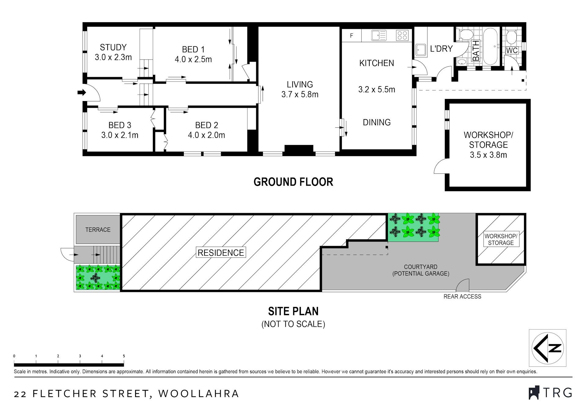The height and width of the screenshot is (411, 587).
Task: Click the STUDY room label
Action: [113, 47]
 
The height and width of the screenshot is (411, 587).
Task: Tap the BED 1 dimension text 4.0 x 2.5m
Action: [193, 59]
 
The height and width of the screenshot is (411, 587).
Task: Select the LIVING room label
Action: [300, 84]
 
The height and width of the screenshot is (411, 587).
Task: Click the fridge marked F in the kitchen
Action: [352, 36]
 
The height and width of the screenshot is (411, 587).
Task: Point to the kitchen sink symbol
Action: [379, 35]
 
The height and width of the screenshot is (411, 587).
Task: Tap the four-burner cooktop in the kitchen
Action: [402, 35]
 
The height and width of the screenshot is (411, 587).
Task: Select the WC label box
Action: [512, 50]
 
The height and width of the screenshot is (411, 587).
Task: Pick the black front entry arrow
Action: [82, 92]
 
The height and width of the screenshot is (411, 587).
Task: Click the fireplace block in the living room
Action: [299, 148]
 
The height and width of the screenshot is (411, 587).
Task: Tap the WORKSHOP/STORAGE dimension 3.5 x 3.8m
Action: [488, 155]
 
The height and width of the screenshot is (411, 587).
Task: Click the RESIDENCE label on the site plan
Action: [221, 253]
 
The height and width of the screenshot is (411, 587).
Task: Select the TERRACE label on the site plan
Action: [98, 230]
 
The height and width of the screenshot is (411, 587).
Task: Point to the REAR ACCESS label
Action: [462, 296]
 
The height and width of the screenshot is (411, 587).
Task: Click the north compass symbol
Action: [548, 348]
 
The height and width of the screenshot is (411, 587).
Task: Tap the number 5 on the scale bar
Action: [124, 356]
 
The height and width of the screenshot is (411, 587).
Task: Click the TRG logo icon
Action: [534, 393]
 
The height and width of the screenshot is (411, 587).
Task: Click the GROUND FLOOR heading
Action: [293, 182]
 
